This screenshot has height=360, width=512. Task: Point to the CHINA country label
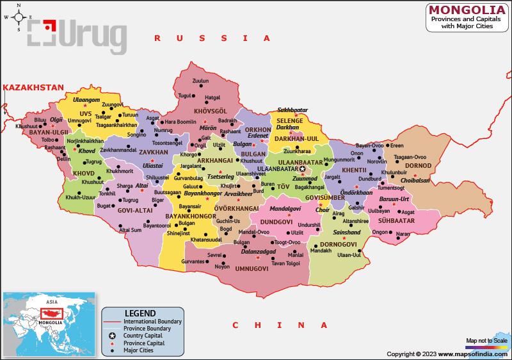[x=260, y=325]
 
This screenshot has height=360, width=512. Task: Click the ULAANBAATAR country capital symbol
[x=312, y=169]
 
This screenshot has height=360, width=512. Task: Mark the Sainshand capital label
[x=346, y=232]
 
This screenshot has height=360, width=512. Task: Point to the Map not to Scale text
[x=486, y=340]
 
